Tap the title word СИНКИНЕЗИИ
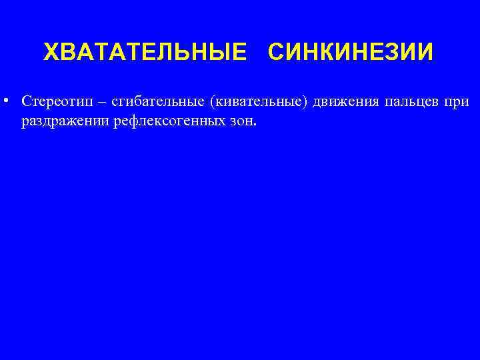pos(351,51)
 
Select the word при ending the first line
pos(459,102)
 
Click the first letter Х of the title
pos(51,51)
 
